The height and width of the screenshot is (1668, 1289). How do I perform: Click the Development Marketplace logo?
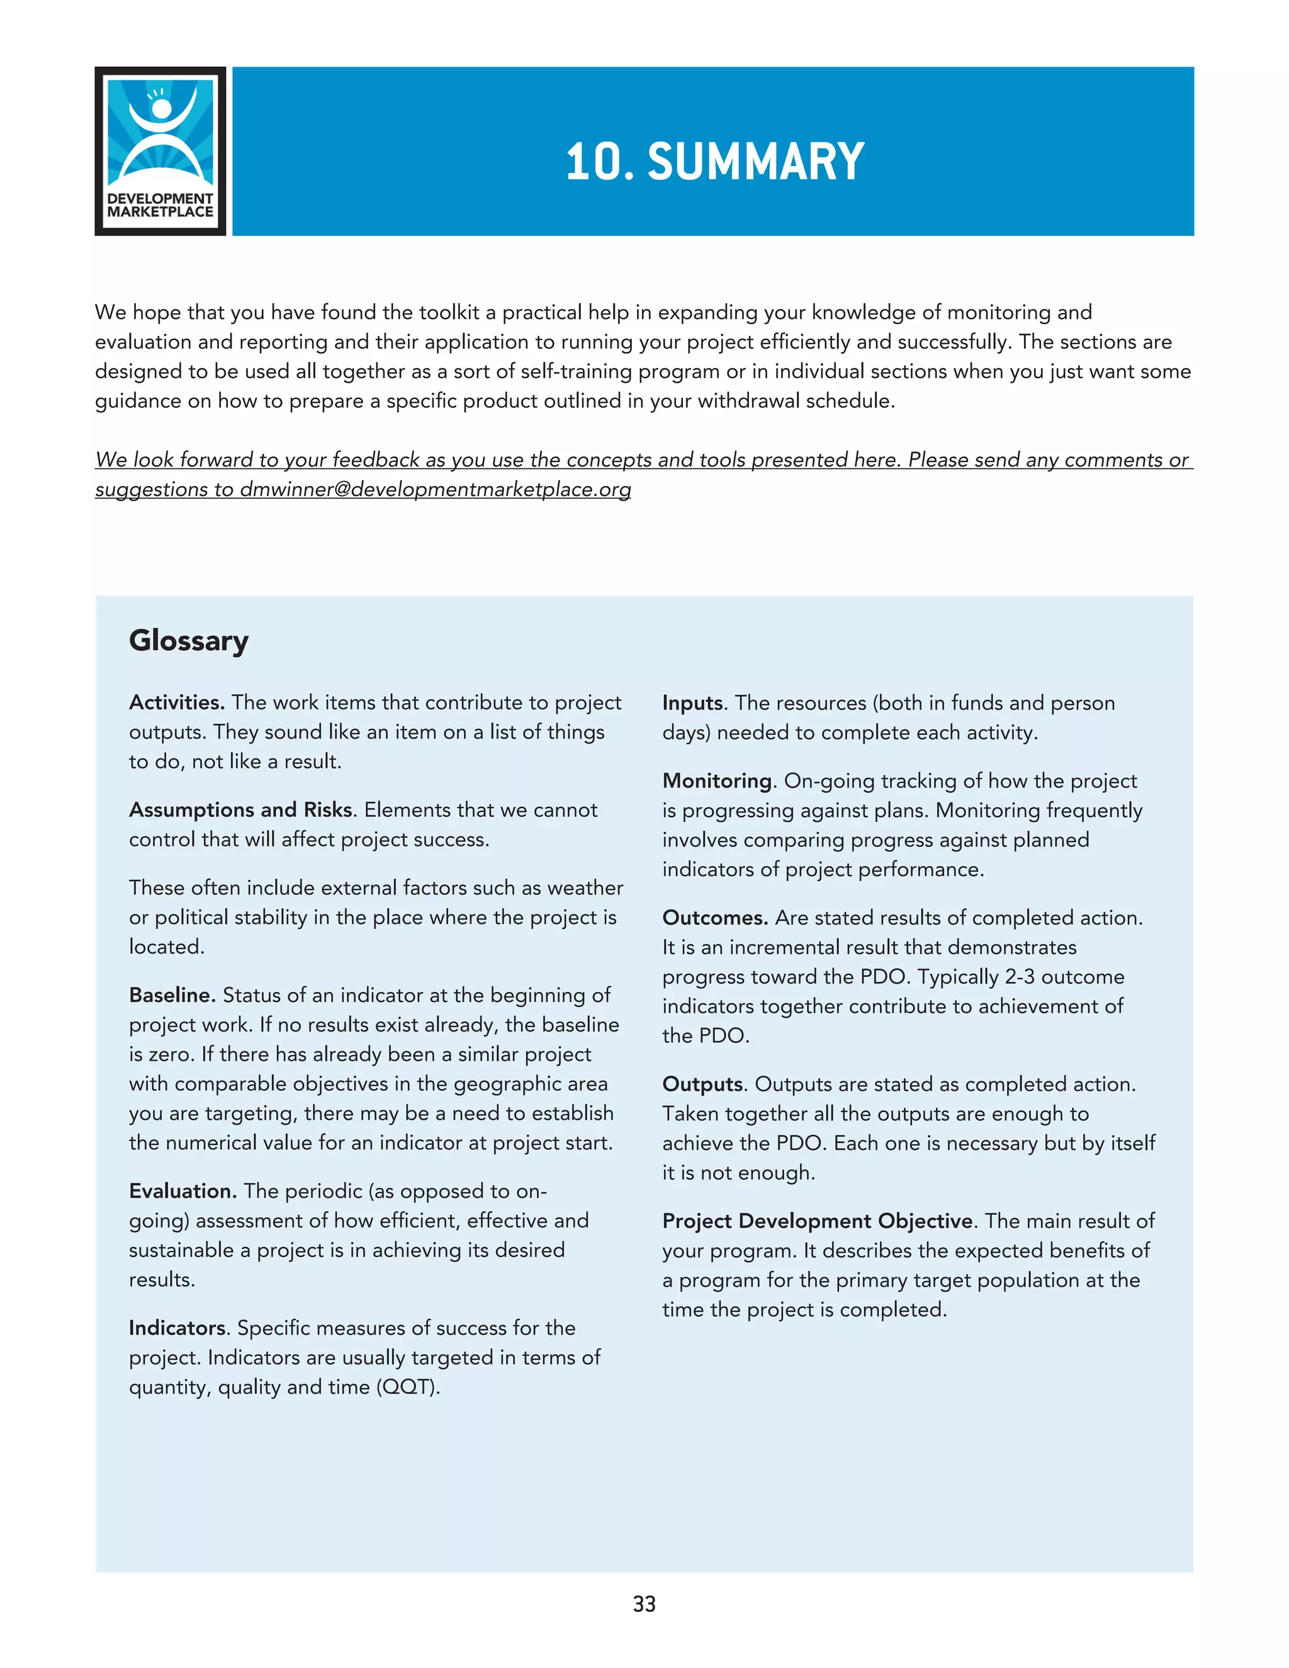[x=160, y=150]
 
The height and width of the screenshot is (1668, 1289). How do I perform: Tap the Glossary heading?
[x=189, y=640]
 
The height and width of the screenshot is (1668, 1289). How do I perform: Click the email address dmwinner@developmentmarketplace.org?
[x=436, y=490]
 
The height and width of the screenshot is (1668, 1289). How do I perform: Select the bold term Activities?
[x=176, y=702]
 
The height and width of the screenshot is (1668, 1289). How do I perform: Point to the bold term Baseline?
[x=172, y=995]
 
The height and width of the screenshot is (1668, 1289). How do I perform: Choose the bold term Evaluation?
[x=183, y=1191]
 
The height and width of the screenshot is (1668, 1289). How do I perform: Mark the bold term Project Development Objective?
[x=818, y=1220]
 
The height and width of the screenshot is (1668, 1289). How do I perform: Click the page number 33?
[x=644, y=1604]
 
